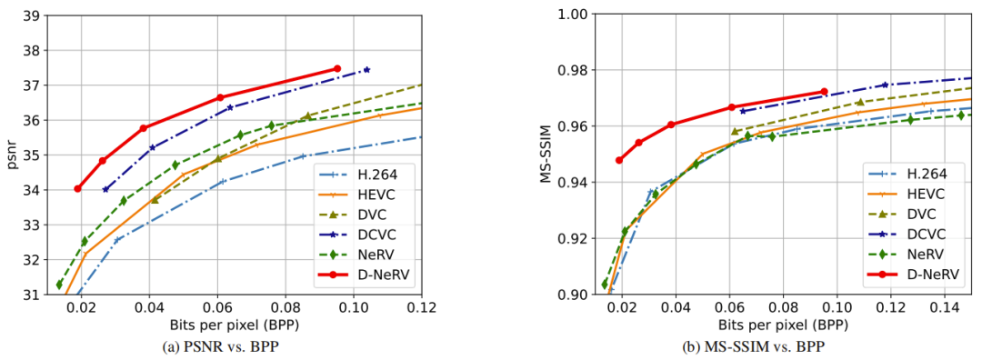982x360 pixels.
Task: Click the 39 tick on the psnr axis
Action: pyautogui.click(x=29, y=15)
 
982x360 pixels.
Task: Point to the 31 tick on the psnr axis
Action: pyautogui.click(x=29, y=295)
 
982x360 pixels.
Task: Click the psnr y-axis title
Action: pyautogui.click(x=11, y=155)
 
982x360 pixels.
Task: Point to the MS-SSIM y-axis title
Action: pyautogui.click(x=547, y=155)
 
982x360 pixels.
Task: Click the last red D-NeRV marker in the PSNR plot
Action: pyautogui.click(x=337, y=68)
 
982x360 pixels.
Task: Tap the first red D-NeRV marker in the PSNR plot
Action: pyautogui.click(x=78, y=189)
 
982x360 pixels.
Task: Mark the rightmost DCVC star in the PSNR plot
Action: pyautogui.click(x=366, y=69)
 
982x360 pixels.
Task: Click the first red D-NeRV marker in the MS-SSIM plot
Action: pyautogui.click(x=619, y=160)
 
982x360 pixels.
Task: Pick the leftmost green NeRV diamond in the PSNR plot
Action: pyautogui.click(x=59, y=285)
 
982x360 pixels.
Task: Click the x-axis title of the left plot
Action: pyautogui.click(x=235, y=325)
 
